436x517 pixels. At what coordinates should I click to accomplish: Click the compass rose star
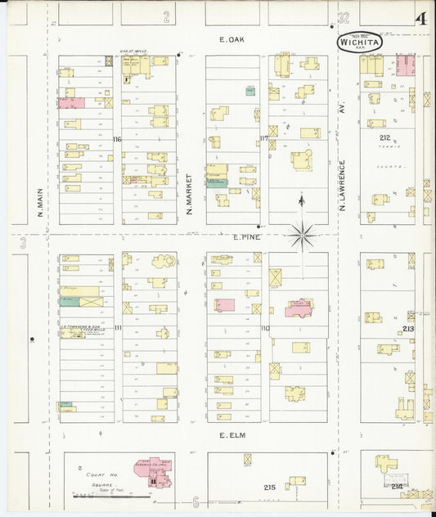click(x=302, y=236)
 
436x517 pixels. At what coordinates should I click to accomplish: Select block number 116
click(x=117, y=139)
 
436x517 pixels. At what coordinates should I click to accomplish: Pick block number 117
click(x=263, y=137)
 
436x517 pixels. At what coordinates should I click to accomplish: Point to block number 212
click(x=385, y=138)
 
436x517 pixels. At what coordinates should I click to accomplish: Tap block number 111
click(x=117, y=327)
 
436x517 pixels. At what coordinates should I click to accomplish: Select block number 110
click(x=264, y=328)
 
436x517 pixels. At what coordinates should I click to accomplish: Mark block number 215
click(x=269, y=487)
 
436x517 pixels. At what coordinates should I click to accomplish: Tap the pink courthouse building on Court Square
click(x=155, y=473)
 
